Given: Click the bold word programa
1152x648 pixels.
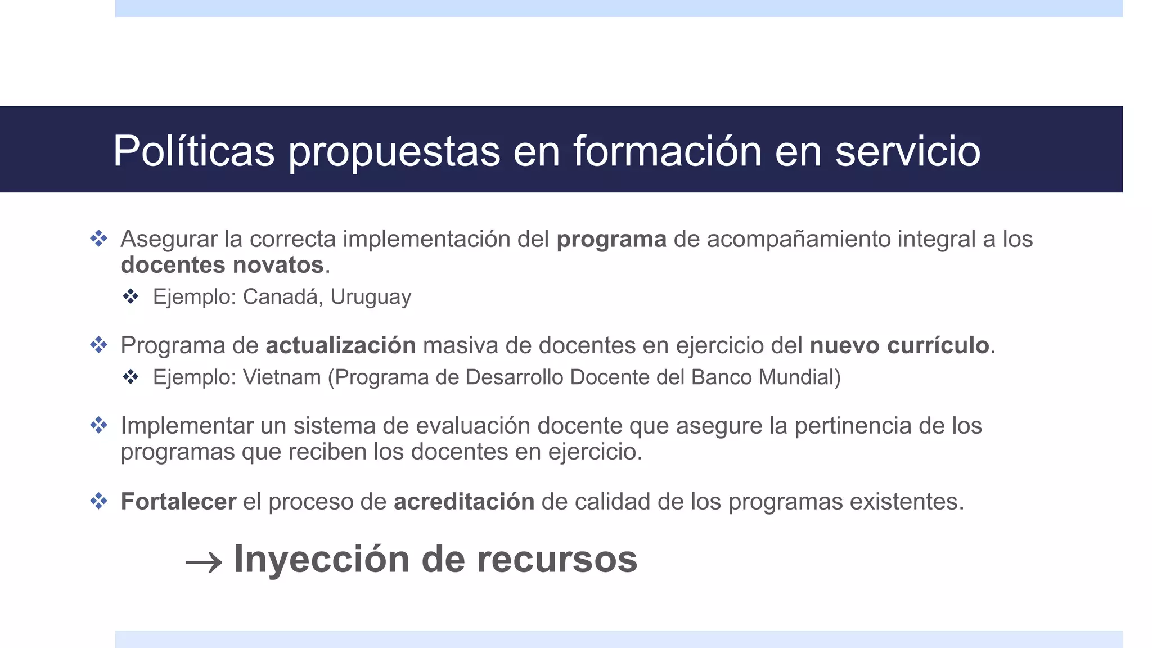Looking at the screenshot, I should [x=611, y=240].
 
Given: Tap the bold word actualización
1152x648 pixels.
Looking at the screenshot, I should [x=341, y=345].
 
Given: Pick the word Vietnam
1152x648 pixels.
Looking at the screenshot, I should [x=282, y=377].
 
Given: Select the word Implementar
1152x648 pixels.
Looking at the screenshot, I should [x=187, y=426].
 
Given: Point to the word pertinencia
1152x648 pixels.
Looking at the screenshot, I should [x=853, y=426].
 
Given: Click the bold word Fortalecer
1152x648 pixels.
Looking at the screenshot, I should [x=178, y=502].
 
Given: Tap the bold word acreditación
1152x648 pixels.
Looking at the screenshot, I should [x=464, y=502].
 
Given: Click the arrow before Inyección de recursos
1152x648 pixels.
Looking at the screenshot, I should [x=204, y=562].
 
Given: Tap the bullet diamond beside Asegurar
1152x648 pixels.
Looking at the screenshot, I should [x=99, y=238].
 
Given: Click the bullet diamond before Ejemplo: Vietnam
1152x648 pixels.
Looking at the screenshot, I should [x=131, y=376].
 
